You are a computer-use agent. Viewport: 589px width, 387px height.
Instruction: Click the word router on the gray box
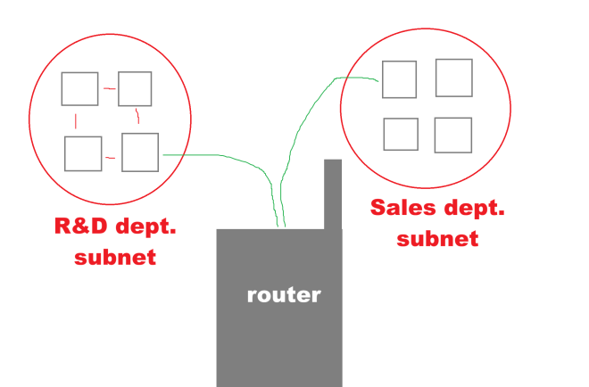pos(283,294)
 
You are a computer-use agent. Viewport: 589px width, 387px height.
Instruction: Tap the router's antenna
pos(333,192)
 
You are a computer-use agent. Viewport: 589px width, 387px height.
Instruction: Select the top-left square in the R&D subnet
pos(79,88)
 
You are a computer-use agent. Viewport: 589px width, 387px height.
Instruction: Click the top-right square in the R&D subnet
pos(135,87)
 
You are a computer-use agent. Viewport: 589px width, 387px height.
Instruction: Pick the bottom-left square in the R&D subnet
pos(83,153)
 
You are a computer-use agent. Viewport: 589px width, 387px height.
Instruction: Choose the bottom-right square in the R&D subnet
pos(140,152)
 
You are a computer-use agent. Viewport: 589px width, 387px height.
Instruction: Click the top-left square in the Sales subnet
pos(399,79)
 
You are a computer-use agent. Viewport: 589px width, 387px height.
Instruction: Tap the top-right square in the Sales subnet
pos(453,78)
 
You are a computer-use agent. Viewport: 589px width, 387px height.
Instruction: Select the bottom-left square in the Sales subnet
pos(401,134)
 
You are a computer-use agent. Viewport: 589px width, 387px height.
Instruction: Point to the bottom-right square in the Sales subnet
pos(452,135)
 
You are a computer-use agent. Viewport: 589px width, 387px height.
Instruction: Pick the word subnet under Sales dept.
pos(437,238)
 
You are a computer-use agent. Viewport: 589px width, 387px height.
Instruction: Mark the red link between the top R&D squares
pos(108,88)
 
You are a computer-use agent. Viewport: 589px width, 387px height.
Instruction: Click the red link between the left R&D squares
pos(76,120)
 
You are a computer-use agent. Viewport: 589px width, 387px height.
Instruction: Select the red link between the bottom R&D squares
pos(110,158)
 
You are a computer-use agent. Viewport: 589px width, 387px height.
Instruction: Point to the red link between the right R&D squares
pos(137,117)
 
